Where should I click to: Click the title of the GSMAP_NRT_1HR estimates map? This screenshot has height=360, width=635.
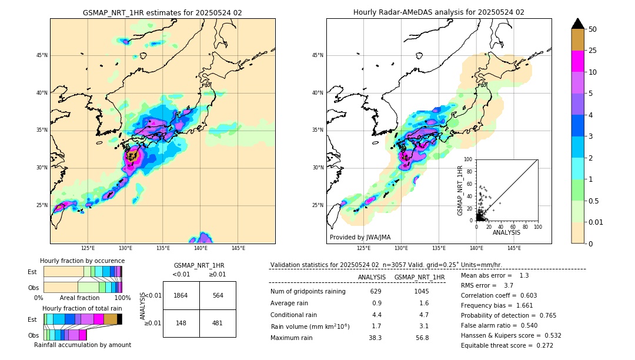point(162,12)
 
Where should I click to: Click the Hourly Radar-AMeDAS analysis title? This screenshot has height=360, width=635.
point(439,12)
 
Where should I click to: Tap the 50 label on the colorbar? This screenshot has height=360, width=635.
point(593,29)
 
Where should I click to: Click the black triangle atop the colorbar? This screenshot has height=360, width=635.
point(578,24)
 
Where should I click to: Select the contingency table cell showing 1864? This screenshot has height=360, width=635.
point(181,295)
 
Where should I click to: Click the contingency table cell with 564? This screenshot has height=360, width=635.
point(218,295)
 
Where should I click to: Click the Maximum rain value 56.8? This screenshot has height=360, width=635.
point(422,338)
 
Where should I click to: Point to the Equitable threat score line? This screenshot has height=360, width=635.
point(507,345)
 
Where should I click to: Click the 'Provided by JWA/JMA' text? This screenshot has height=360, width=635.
point(360,238)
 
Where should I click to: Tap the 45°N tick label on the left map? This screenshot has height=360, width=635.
point(42,55)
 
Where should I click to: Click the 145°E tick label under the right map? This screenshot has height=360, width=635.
point(514,248)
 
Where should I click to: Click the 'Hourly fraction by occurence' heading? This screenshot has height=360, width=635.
point(82,261)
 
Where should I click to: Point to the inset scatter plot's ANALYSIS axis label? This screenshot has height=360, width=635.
point(506,232)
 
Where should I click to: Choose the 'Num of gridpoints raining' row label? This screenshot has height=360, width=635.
point(308,291)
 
